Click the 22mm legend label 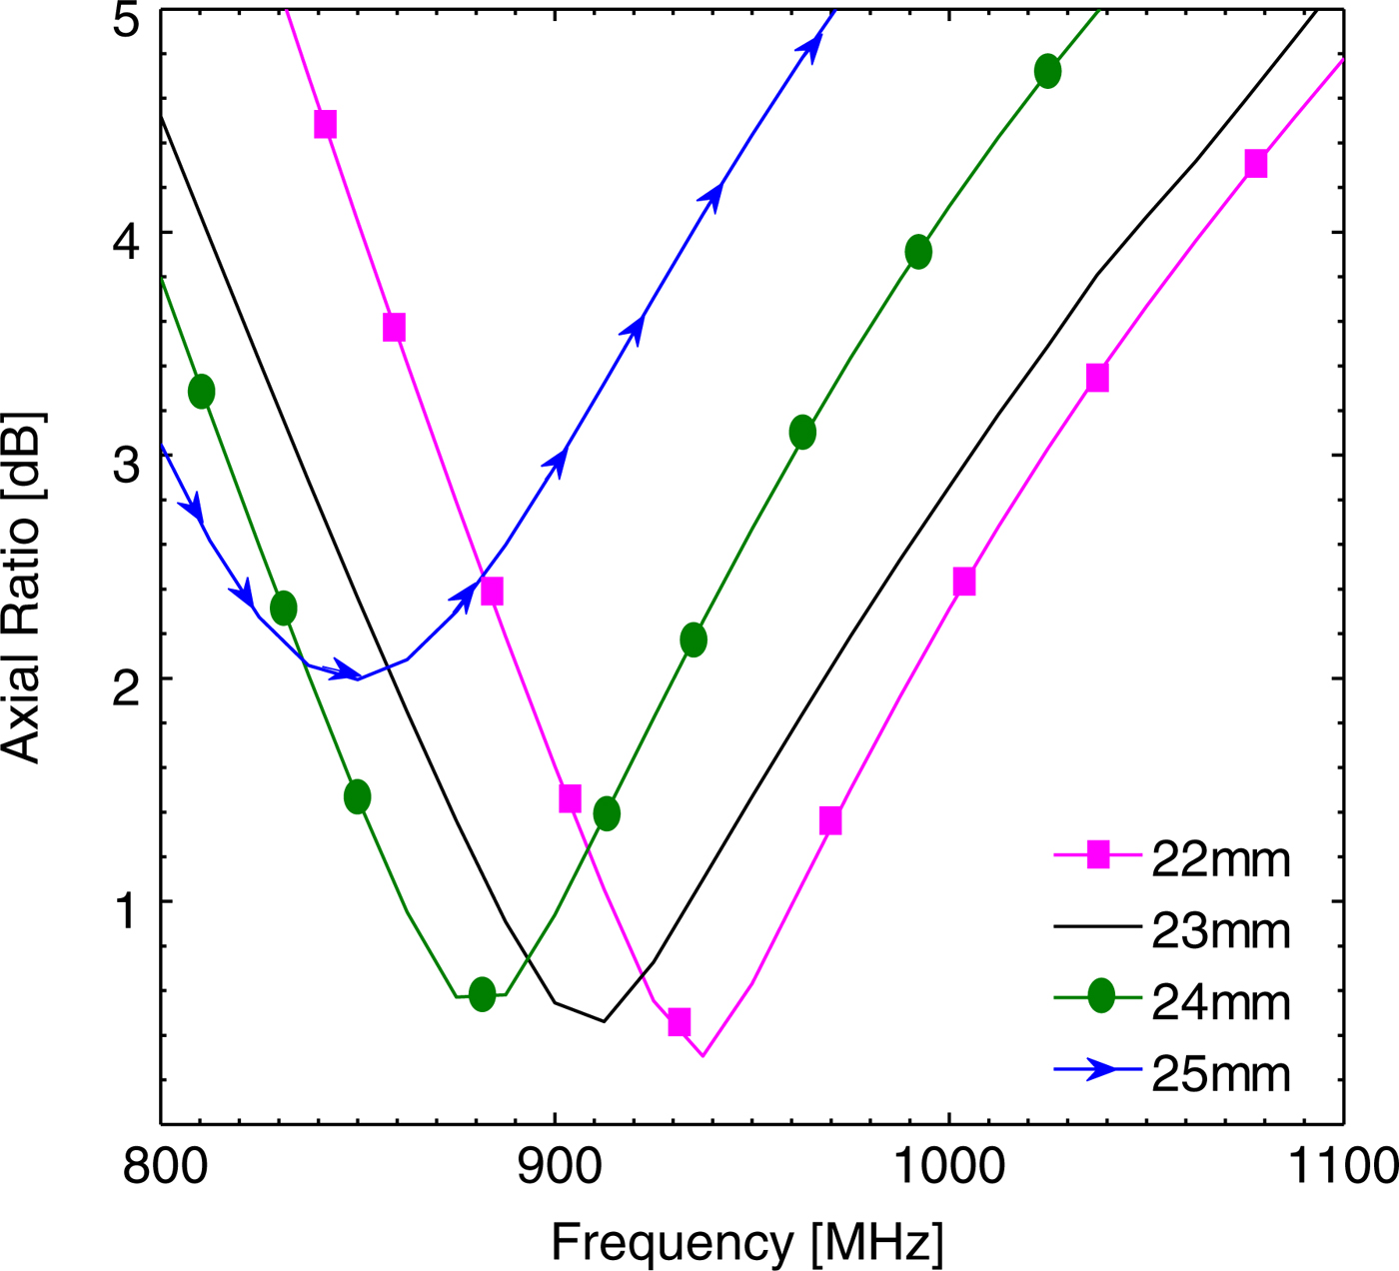tap(1220, 859)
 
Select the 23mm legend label tap(1220, 931)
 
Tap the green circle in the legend tap(1100, 995)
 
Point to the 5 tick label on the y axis tap(125, 20)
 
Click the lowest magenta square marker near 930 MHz tap(680, 1022)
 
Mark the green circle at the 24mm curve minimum tap(482, 994)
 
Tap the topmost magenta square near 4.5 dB tap(325, 125)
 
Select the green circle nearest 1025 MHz tap(1047, 72)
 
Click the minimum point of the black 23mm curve tap(604, 1021)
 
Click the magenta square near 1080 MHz tap(1256, 164)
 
